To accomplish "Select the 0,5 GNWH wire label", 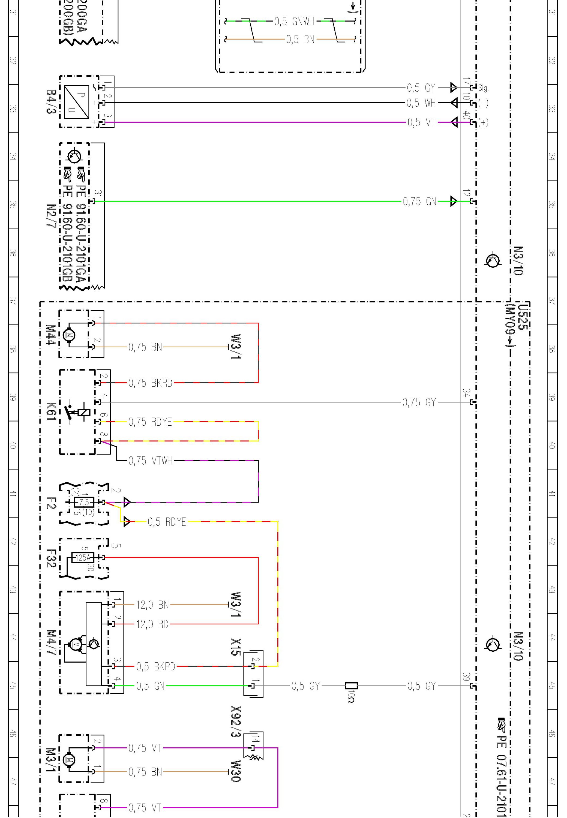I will click(x=294, y=22).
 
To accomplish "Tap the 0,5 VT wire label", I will click(x=421, y=122).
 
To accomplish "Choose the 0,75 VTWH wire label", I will click(x=150, y=461).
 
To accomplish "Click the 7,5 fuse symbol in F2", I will click(x=84, y=502).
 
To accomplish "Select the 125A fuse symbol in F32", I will click(x=83, y=558).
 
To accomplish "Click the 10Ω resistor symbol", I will click(x=351, y=686).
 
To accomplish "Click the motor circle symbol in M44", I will click(x=69, y=335).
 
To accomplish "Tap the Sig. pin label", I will click(x=483, y=88).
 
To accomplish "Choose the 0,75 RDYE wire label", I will click(x=150, y=422).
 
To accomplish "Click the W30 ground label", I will click(x=236, y=771).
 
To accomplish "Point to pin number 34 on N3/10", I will click(x=466, y=393).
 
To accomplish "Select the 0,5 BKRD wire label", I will click(x=156, y=667).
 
